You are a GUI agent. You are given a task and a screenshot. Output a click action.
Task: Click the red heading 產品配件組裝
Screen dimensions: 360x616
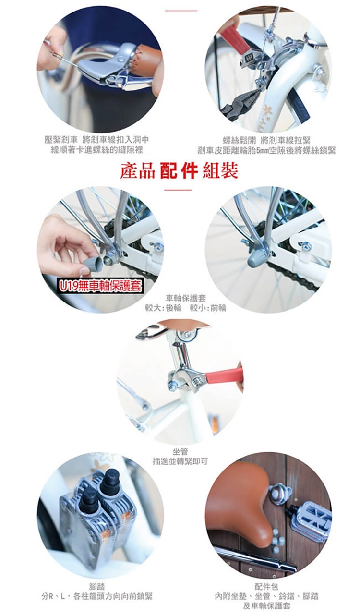[179, 171]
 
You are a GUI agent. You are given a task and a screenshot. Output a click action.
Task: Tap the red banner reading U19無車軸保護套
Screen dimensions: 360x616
[100, 286]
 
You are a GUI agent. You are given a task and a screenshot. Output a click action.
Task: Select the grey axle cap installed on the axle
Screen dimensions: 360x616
[257, 257]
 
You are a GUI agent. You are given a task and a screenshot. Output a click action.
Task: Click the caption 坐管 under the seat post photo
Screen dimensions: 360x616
[180, 451]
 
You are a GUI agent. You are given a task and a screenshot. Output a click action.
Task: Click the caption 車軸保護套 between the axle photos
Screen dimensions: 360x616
[186, 298]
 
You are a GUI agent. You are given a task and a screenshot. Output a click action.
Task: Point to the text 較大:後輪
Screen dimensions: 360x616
[163, 308]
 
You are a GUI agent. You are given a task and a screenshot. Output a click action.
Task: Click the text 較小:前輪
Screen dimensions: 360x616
[208, 308]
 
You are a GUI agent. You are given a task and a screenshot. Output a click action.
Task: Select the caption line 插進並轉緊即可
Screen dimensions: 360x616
[180, 461]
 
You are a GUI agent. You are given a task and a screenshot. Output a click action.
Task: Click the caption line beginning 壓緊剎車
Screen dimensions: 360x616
[96, 140]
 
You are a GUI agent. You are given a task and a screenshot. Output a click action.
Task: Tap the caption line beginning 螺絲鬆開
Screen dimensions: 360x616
[266, 140]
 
